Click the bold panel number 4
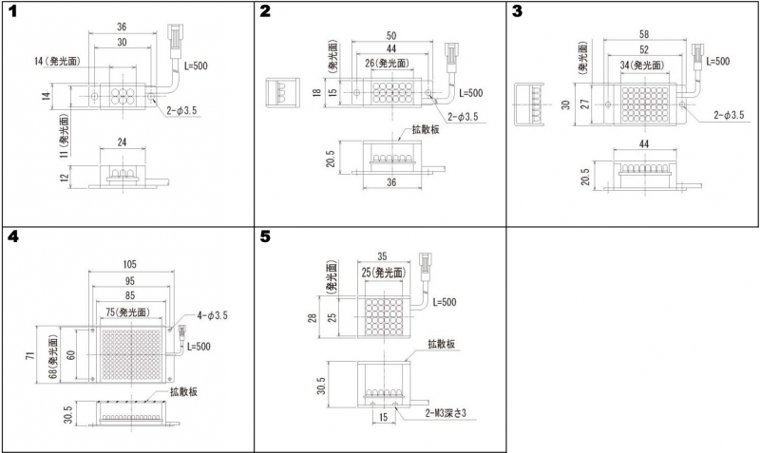point(13,237)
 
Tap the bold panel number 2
point(265,11)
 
